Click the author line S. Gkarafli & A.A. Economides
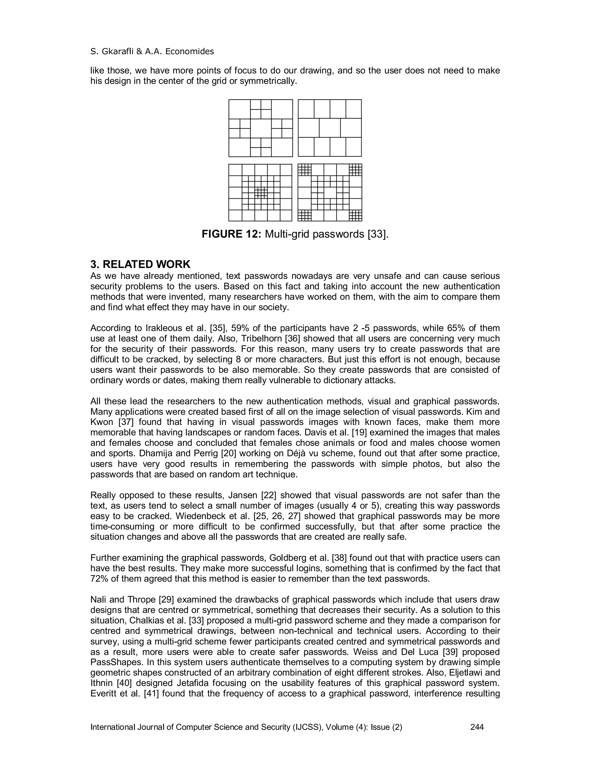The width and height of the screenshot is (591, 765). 152,51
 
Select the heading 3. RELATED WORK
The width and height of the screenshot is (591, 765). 141,264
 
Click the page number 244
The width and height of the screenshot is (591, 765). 477,727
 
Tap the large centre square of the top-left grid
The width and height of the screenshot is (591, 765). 261,128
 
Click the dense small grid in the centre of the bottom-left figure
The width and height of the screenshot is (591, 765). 261,192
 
